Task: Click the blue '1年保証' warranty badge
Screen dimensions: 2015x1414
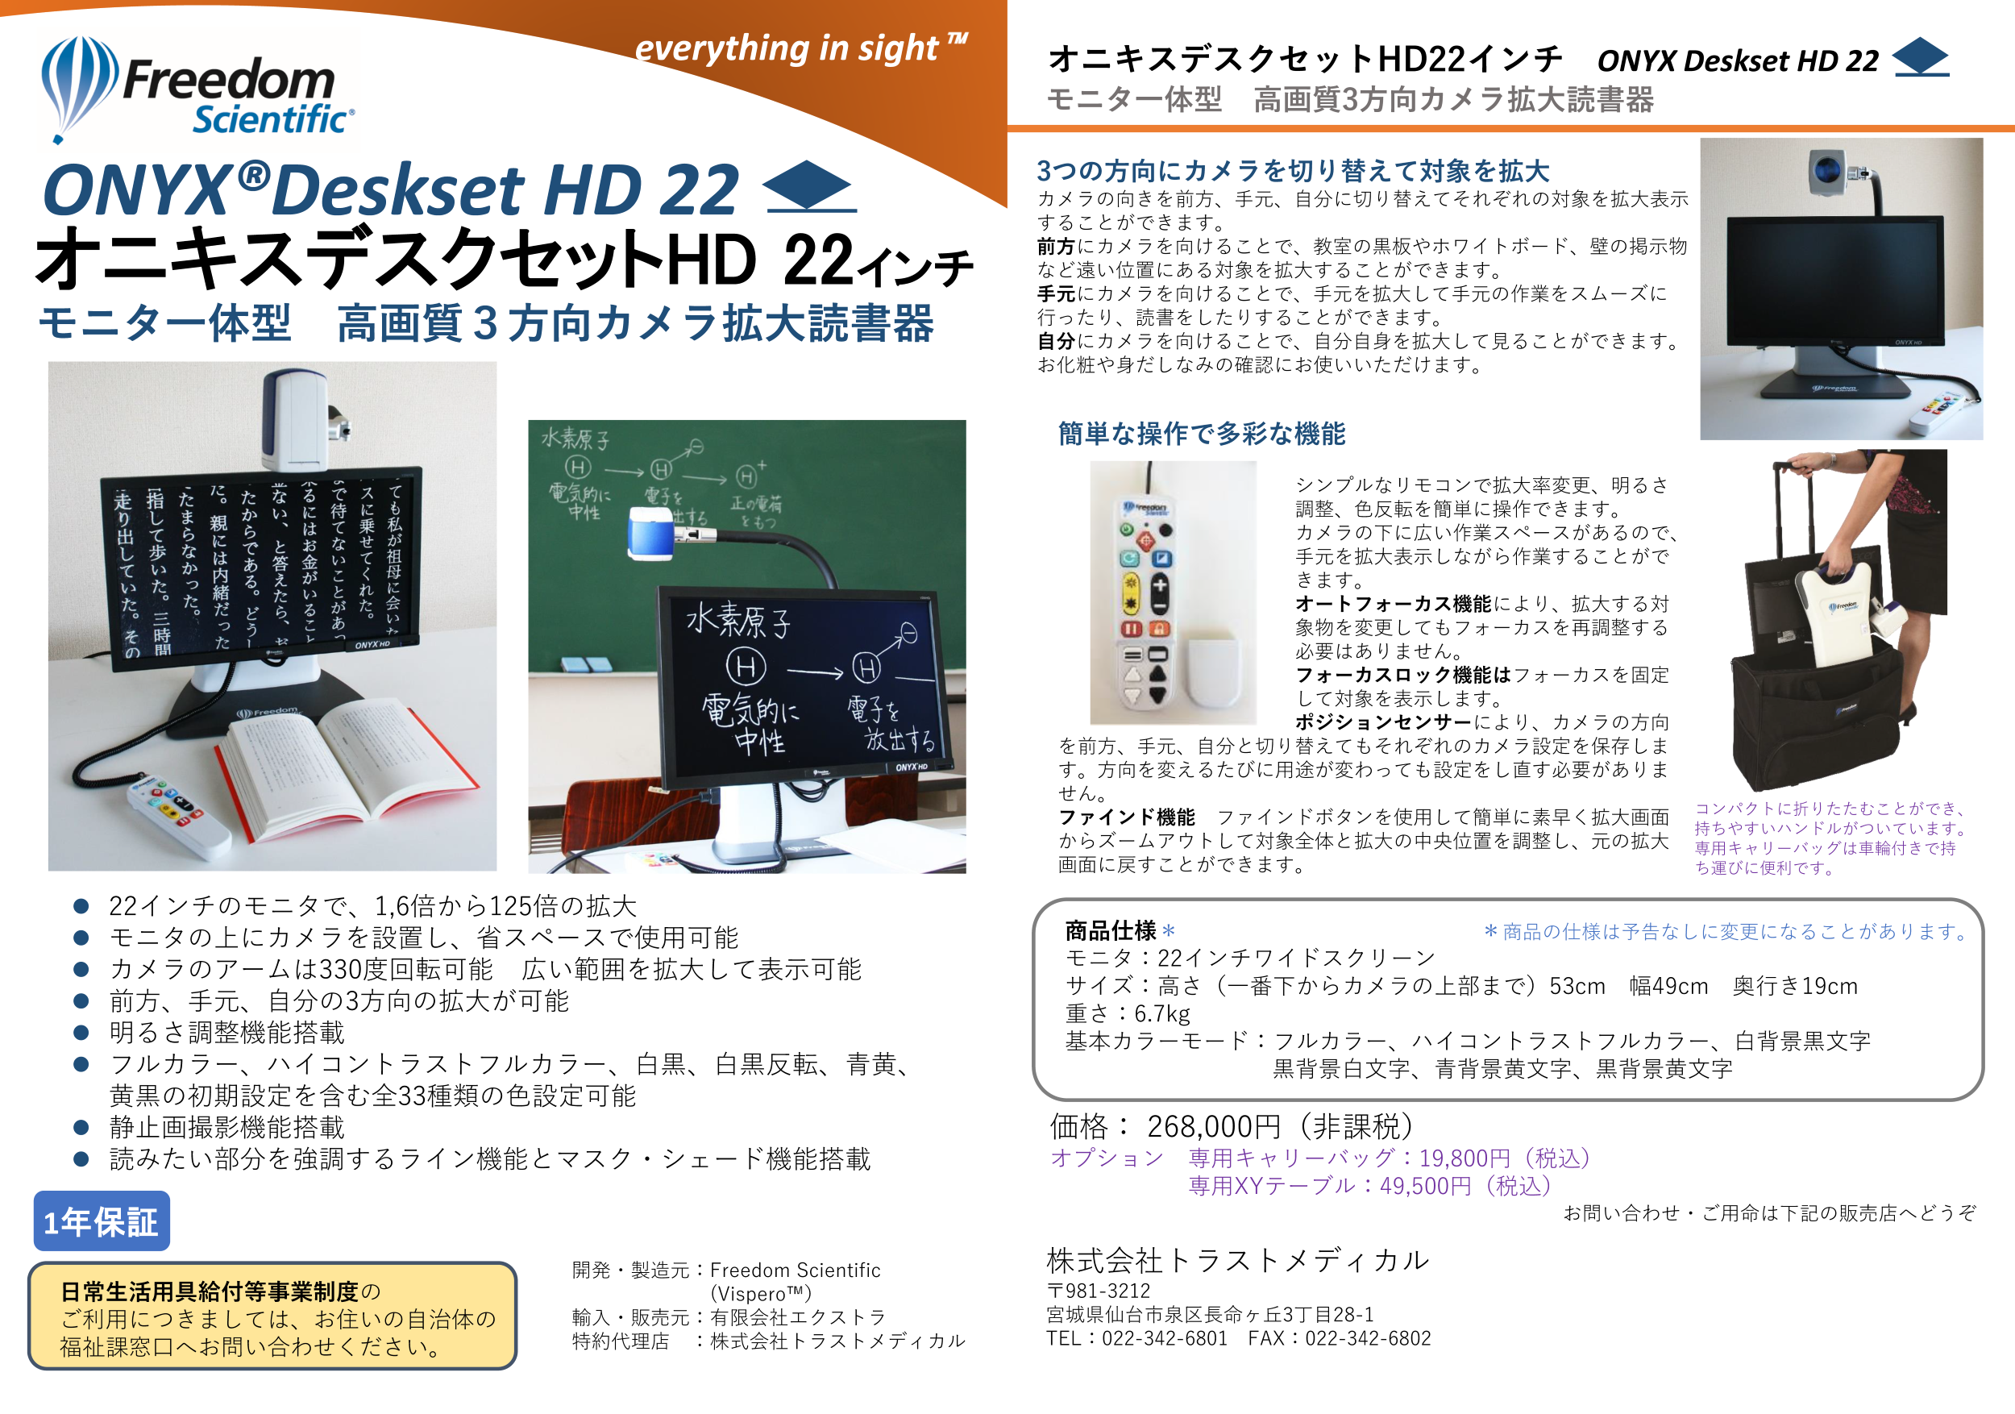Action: [x=102, y=1221]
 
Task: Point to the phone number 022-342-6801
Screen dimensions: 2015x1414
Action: [x=1165, y=1338]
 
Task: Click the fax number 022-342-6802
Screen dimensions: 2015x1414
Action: [x=1369, y=1338]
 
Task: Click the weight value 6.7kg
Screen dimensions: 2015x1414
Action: [x=1162, y=1014]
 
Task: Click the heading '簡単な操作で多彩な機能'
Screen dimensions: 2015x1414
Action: [x=1202, y=434]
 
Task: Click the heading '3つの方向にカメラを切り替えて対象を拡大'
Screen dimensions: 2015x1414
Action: [x=1293, y=170]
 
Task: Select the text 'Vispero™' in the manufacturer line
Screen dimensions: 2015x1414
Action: [x=760, y=1294]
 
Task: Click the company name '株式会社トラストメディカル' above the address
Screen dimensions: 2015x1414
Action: [x=1237, y=1260]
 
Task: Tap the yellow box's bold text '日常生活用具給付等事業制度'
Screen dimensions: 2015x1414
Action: [x=210, y=1291]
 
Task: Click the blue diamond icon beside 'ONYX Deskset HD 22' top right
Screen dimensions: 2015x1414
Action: [x=1920, y=57]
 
